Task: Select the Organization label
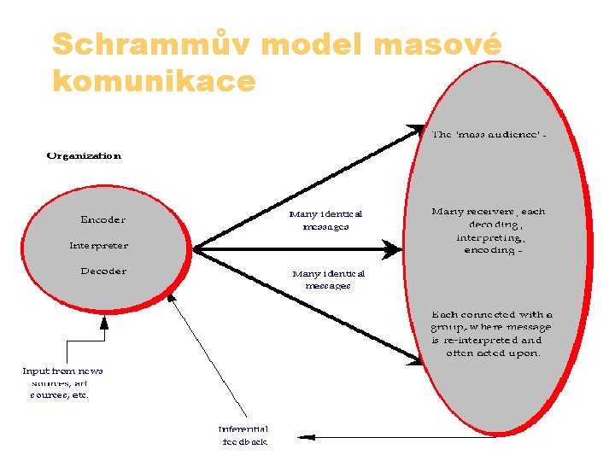pos(84,155)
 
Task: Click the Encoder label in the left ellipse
pos(102,219)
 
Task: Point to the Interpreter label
pos(99,245)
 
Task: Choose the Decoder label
pos(103,271)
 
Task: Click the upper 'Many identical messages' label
pos(325,220)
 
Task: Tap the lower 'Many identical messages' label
pos(328,280)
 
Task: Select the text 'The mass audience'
pos(489,134)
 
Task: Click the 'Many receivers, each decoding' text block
pos(489,230)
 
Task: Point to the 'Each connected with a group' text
pos(492,333)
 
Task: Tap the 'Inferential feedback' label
pos(243,435)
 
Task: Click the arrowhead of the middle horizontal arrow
pos(394,248)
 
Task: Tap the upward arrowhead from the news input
pos(104,322)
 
